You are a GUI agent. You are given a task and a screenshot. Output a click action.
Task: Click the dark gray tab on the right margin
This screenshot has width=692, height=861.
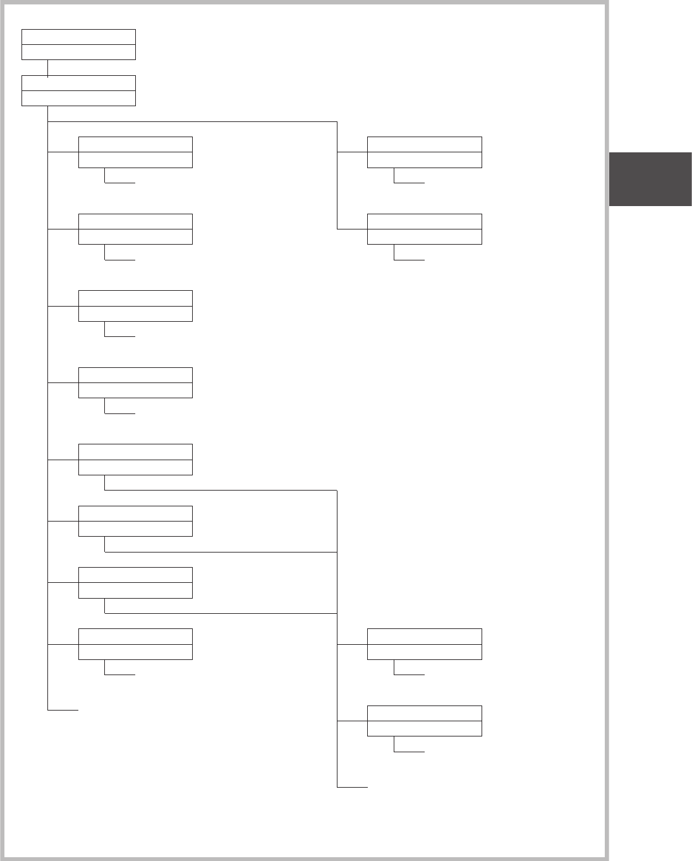(650, 179)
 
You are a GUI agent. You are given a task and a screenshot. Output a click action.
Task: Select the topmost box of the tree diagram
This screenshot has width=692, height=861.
(78, 44)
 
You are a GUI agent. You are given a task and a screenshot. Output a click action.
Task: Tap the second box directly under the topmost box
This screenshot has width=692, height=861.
(78, 90)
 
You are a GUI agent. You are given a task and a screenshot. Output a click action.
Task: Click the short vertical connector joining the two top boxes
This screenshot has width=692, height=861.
(47, 68)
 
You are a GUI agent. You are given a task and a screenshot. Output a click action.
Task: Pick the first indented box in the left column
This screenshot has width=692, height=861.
(135, 152)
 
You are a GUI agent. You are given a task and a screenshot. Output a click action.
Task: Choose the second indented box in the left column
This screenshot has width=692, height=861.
(135, 229)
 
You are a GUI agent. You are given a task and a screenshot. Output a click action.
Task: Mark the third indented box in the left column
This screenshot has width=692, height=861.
(135, 306)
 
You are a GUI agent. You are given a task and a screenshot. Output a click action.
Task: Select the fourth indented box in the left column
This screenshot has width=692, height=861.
(135, 382)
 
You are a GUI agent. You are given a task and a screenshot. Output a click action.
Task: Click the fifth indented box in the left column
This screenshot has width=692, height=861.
(135, 460)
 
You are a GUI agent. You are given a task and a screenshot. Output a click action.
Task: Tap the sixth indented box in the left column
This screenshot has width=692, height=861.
(135, 521)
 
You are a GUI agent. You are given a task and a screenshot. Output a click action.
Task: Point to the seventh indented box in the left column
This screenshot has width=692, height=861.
(135, 582)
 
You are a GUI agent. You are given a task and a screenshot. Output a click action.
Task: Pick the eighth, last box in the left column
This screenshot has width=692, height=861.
(135, 644)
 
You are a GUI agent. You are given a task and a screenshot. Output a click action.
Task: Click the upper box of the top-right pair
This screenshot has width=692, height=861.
(424, 152)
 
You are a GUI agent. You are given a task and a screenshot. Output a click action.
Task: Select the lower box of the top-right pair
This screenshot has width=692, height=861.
(424, 229)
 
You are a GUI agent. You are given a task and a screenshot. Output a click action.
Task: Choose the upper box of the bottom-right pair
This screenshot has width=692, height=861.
(424, 644)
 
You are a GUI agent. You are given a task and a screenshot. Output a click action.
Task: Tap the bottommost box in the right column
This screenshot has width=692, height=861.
(424, 721)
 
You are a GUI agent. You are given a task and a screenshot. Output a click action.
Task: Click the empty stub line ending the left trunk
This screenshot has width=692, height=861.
(63, 711)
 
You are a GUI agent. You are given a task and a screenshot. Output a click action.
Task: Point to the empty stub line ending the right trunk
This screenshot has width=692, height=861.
(353, 787)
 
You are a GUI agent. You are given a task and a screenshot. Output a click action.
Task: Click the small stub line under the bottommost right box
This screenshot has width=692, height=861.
(410, 752)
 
